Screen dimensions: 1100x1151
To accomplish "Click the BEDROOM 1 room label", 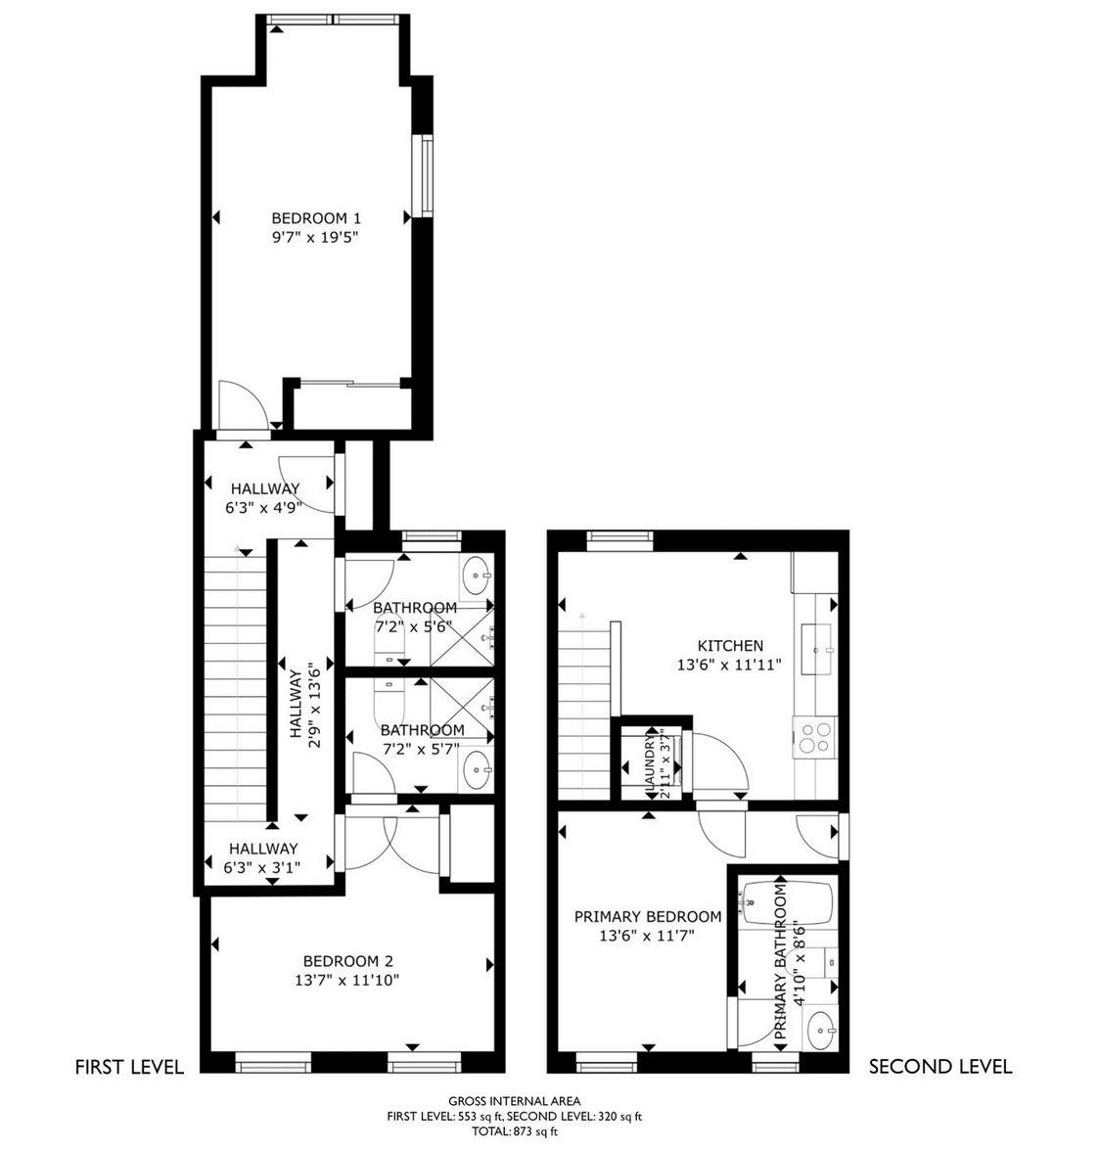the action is click(x=315, y=218).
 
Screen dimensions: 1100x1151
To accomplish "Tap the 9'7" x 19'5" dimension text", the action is click(x=315, y=237).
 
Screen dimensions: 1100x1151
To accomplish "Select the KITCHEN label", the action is click(x=729, y=646).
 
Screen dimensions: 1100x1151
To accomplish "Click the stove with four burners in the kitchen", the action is click(x=815, y=737).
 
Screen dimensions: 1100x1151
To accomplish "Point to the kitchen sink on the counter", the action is click(x=816, y=649).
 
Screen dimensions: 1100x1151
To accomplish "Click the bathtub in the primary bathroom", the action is click(x=788, y=902).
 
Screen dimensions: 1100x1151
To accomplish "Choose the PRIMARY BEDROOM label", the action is click(x=647, y=917).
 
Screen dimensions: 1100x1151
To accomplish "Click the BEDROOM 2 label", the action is click(x=347, y=961).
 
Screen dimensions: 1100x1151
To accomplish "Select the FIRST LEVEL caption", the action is click(x=129, y=1067).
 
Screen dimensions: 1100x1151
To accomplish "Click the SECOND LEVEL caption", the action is click(x=940, y=1067).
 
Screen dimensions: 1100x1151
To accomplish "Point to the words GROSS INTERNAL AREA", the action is click(x=515, y=1101).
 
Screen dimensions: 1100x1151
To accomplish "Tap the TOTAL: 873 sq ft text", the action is click(x=515, y=1131).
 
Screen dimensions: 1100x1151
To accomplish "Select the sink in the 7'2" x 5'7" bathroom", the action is click(x=477, y=770).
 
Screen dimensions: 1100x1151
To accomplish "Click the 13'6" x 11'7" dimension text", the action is click(x=647, y=936).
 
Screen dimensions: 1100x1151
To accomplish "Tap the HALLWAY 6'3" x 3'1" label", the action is click(x=262, y=857).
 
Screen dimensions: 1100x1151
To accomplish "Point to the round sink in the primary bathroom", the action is click(x=820, y=1031).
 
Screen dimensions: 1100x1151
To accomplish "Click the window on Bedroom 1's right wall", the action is click(x=423, y=175).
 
